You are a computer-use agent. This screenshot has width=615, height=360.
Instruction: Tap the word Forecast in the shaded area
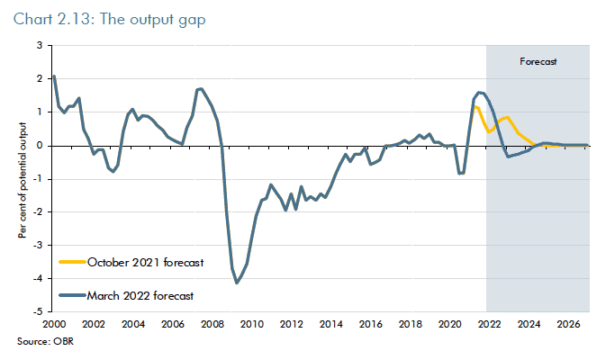pyautogui.click(x=538, y=62)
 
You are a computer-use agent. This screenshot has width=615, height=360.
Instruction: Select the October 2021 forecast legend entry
pyautogui.click(x=145, y=263)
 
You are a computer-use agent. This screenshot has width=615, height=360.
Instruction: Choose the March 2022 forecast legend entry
pyautogui.click(x=140, y=294)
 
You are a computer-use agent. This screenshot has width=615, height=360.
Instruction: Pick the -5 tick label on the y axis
pyautogui.click(x=39, y=311)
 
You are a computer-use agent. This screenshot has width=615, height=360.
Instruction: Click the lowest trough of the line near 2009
pyautogui.click(x=237, y=283)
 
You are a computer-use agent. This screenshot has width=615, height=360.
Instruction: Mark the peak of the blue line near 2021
pyautogui.click(x=479, y=92)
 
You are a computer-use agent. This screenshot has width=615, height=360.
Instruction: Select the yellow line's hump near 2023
pyautogui.click(x=507, y=117)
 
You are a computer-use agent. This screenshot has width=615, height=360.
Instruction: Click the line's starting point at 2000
pyautogui.click(x=54, y=76)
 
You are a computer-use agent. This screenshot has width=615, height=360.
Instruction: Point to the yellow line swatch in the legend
pyautogui.click(x=71, y=263)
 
